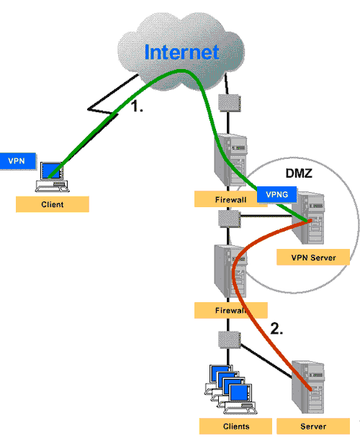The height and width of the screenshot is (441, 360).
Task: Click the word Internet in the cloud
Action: pyautogui.click(x=181, y=53)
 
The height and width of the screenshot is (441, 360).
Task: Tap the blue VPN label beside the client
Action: pyautogui.click(x=18, y=161)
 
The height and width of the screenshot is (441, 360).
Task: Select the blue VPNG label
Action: pyautogui.click(x=276, y=194)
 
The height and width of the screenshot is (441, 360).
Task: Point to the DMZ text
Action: pyautogui.click(x=299, y=173)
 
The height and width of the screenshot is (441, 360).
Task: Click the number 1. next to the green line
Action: pyautogui.click(x=138, y=106)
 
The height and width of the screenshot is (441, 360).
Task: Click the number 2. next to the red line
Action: pyautogui.click(x=276, y=329)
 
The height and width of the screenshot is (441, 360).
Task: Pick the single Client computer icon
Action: pyautogui.click(x=53, y=177)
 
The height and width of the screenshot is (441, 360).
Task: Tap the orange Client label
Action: pyautogui.click(x=53, y=204)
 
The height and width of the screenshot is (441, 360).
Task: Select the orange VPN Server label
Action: pyautogui.click(x=313, y=257)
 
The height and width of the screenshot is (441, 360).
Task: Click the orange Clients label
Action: pyautogui.click(x=235, y=427)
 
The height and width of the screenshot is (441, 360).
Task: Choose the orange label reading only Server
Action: pyautogui.click(x=313, y=427)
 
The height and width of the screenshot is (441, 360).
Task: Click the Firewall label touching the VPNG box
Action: pyautogui.click(x=230, y=199)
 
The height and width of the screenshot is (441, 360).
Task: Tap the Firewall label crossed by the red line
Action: pyautogui.click(x=231, y=311)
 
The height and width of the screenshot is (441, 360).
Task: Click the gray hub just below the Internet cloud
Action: pyautogui.click(x=230, y=103)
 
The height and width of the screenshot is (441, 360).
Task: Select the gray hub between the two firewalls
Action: pyautogui.click(x=230, y=219)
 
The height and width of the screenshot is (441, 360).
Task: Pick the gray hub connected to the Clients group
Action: pyautogui.click(x=230, y=340)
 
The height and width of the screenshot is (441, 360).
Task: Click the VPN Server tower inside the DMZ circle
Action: pyautogui.click(x=308, y=218)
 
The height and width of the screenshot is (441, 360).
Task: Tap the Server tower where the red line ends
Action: pyautogui.click(x=308, y=387)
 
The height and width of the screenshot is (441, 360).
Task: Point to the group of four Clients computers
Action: pyautogui.click(x=231, y=389)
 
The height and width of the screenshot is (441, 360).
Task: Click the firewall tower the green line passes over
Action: pyautogui.click(x=230, y=160)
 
